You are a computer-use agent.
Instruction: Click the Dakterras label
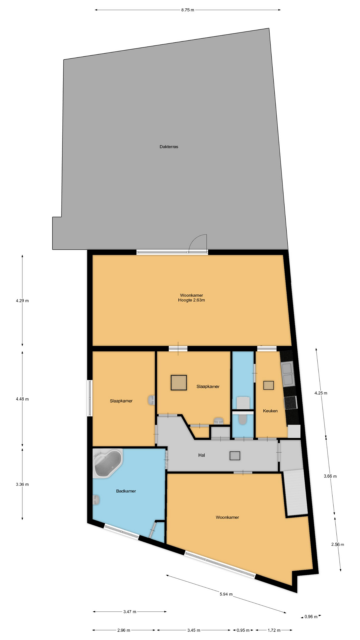click(169, 147)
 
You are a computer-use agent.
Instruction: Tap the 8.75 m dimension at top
click(188, 10)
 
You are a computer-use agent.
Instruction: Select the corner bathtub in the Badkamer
click(108, 464)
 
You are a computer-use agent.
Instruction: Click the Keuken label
click(270, 411)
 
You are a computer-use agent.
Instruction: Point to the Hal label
click(201, 455)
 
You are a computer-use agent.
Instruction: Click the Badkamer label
click(126, 491)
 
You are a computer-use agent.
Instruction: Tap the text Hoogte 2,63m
click(191, 300)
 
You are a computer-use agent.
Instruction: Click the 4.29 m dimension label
click(22, 301)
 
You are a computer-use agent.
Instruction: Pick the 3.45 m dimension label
click(194, 630)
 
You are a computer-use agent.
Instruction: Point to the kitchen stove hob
click(290, 402)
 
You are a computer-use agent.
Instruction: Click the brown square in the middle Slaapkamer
click(179, 383)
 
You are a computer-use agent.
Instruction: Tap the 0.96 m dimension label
click(311, 617)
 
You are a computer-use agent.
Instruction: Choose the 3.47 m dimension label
click(130, 612)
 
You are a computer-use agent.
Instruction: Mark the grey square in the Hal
click(235, 456)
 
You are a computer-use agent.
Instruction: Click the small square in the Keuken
click(268, 385)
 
